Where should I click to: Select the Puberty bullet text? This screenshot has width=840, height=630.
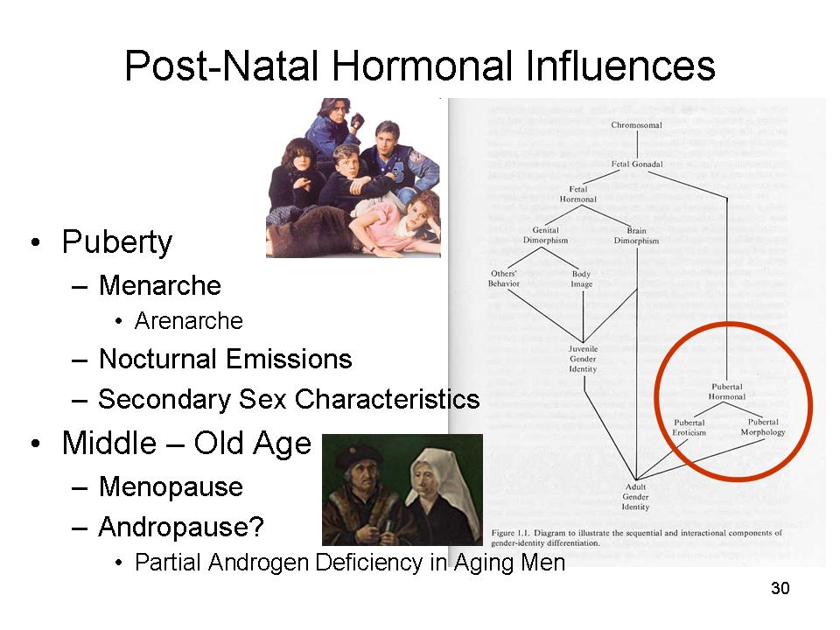pos(116,243)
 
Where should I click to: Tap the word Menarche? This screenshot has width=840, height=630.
pos(159,285)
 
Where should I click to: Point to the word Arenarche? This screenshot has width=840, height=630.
pos(189,321)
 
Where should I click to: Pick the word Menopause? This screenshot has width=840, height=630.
pos(171,487)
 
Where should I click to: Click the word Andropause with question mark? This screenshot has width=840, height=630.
pos(181,527)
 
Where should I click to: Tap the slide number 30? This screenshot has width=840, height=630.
pos(780,588)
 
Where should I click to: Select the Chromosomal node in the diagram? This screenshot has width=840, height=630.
pos(636,125)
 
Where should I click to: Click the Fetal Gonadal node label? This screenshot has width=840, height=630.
pos(637,164)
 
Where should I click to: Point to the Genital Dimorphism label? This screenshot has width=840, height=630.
pos(545,235)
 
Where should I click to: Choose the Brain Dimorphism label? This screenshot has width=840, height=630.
pos(636,235)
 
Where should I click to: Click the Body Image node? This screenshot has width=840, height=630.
pos(581,279)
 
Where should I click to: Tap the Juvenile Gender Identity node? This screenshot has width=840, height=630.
pos(583,359)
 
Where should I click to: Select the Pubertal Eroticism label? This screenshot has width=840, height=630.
pos(689,428)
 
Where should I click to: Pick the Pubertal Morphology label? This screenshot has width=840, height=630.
pos(763,427)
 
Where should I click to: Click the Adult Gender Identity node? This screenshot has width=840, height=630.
pos(635,497)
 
